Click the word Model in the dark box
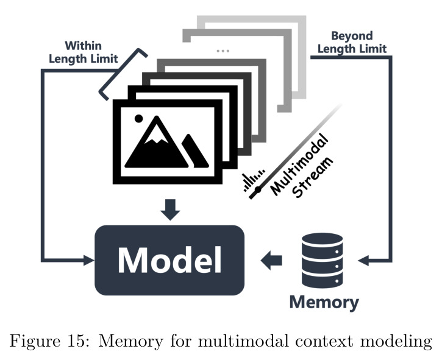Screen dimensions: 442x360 (x=169, y=260)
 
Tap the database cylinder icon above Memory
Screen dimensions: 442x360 (x=322, y=260)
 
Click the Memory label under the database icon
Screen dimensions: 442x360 (x=324, y=303)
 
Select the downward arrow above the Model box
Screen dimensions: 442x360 (x=170, y=210)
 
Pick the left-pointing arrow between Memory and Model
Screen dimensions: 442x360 (x=271, y=260)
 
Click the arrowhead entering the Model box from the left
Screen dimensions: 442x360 (x=89, y=260)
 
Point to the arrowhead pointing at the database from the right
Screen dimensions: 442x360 (x=363, y=260)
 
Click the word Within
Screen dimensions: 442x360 (x=83, y=46)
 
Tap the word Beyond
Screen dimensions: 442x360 (x=352, y=36)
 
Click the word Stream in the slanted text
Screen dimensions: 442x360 (x=312, y=177)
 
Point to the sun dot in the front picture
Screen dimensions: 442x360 (x=138, y=119)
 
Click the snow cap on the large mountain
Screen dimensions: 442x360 (x=156, y=135)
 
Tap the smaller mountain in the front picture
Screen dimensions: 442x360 (x=195, y=151)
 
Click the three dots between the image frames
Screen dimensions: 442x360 (x=223, y=51)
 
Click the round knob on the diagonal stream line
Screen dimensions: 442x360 (x=258, y=189)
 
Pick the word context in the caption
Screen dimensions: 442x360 (x=324, y=341)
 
